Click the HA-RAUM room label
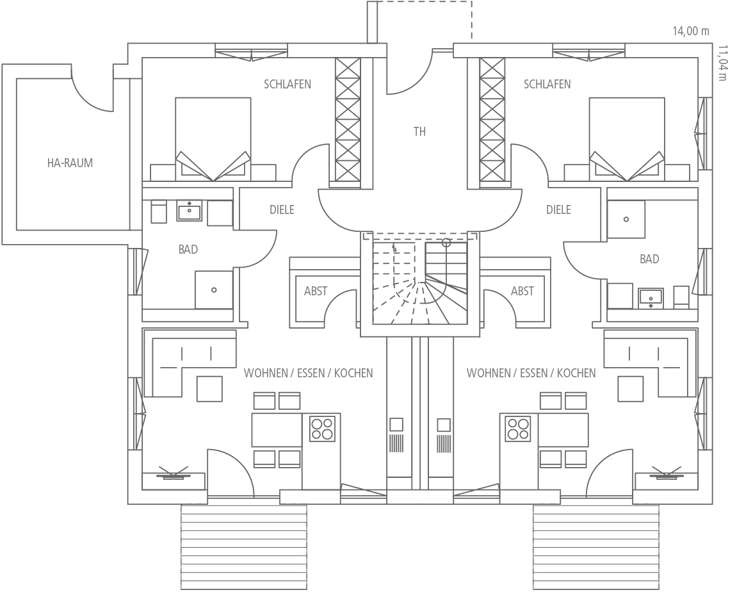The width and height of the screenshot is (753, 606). click(70, 163)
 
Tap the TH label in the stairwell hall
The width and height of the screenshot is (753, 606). click(419, 132)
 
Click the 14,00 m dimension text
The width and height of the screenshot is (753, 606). click(690, 31)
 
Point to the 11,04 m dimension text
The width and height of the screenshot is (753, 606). click(723, 63)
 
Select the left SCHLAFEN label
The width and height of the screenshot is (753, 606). click(287, 84)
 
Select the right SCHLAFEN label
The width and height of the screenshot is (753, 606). click(547, 84)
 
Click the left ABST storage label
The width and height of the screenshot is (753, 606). click(316, 291)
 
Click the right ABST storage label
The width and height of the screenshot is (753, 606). click(522, 291)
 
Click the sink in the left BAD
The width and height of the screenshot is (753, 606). click(190, 211)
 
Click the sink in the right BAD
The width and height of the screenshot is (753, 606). click(651, 298)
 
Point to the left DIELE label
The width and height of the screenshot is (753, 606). click(282, 210)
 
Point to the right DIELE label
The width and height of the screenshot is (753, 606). click(558, 210)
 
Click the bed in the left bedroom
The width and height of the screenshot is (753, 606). click(213, 140)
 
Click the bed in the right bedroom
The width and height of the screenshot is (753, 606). click(627, 140)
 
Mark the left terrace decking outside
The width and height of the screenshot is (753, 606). click(244, 547)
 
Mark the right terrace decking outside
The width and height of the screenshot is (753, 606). click(596, 547)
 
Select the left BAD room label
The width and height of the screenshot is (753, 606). click(188, 249)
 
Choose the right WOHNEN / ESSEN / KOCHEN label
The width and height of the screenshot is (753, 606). click(531, 373)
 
